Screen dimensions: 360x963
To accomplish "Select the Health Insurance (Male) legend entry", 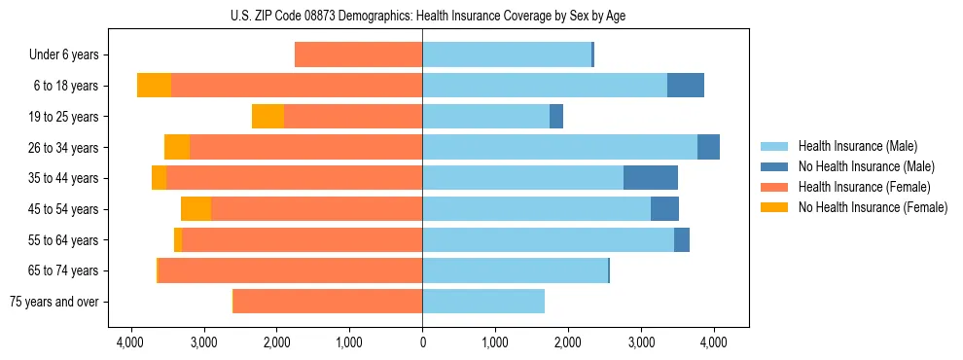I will tap(852, 147).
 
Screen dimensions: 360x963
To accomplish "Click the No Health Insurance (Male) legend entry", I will tap(852, 166).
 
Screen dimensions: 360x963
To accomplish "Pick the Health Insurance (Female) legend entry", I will tap(852, 187).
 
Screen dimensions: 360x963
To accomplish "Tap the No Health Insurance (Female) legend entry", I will tap(852, 207).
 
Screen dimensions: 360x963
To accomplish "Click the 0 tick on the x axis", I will tap(422, 342).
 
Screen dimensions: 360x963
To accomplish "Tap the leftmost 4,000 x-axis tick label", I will tap(130, 342).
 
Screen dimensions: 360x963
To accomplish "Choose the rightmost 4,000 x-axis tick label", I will tap(714, 342).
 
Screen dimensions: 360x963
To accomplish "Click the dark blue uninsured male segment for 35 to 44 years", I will tap(651, 178).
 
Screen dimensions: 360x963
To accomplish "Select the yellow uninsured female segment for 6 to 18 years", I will tap(154, 86).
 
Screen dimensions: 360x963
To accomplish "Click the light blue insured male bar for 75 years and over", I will tap(483, 302).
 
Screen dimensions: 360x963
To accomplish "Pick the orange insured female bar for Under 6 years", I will tap(358, 55).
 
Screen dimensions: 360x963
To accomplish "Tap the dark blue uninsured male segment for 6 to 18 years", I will tap(686, 86).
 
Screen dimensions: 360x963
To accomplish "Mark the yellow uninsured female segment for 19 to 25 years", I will tap(267, 117).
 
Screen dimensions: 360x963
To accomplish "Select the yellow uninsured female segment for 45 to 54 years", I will tap(196, 209).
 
